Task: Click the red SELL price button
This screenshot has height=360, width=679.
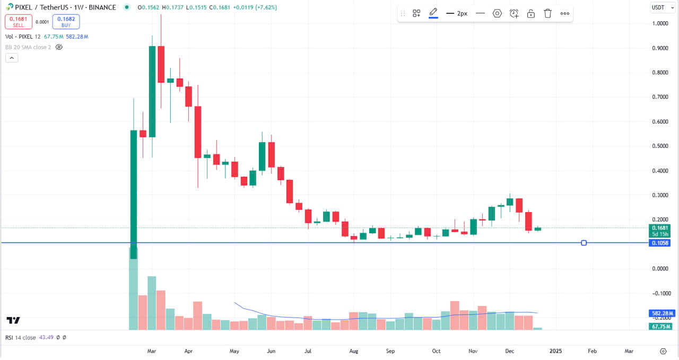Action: (x=18, y=22)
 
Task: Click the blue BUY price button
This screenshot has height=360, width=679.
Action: (x=66, y=22)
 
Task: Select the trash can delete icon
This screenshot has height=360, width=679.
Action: (x=547, y=13)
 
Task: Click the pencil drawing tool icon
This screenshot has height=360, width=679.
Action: (x=433, y=13)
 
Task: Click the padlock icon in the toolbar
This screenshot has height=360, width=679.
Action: (x=530, y=13)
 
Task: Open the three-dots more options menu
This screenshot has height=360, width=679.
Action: (x=564, y=13)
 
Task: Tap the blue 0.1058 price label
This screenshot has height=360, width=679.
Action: (x=659, y=243)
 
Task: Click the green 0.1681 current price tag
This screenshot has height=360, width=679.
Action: (x=659, y=227)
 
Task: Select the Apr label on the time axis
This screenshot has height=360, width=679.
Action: (x=188, y=351)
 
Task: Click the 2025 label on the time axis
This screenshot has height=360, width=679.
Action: (x=555, y=351)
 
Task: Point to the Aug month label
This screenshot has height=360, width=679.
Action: (x=354, y=351)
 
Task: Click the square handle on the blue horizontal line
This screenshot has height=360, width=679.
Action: (x=584, y=243)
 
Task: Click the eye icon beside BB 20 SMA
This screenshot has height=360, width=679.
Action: (x=59, y=47)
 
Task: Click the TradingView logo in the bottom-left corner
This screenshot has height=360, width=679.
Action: (x=13, y=320)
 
